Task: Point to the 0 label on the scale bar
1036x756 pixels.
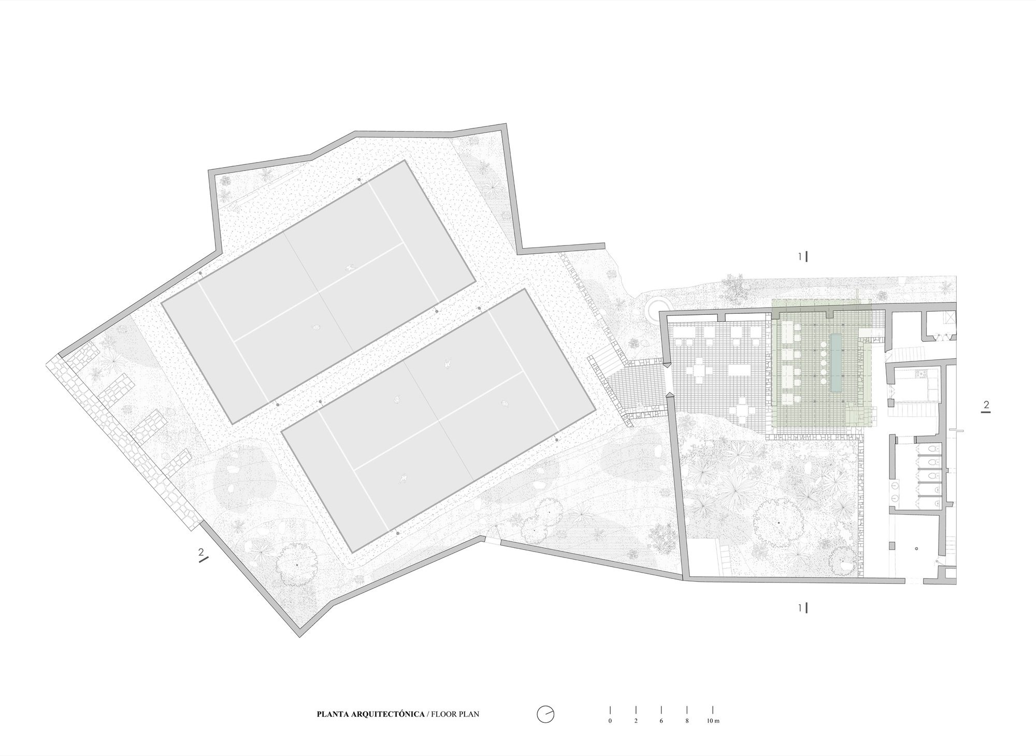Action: point(610,721)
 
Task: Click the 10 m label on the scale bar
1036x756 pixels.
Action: point(713,721)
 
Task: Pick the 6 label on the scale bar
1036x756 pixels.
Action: point(661,721)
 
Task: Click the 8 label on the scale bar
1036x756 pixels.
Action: point(687,721)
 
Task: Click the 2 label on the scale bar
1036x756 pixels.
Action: point(636,721)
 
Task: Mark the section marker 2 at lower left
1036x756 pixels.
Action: point(202,555)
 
